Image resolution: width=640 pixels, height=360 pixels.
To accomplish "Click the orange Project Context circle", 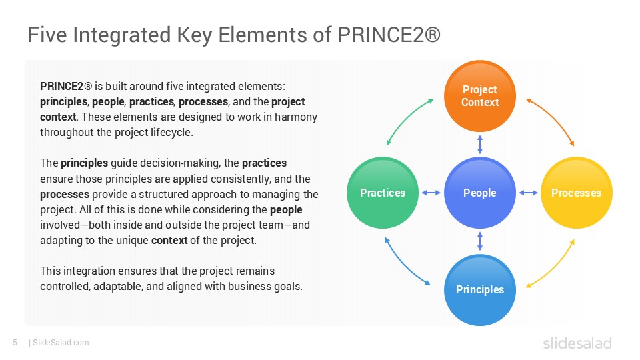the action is coord(479,96).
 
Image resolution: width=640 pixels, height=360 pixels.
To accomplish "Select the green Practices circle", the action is coord(383,193).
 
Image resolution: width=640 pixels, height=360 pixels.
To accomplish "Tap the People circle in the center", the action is coord(479,193).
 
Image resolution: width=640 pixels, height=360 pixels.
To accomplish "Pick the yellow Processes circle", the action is coord(576,193).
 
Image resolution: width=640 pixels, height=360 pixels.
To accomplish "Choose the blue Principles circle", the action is coord(479,290).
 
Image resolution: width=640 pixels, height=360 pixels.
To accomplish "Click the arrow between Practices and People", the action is coord(431,193).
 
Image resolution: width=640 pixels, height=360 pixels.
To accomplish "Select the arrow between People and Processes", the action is coord(528,193).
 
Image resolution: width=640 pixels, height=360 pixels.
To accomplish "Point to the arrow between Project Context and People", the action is coord(479,145).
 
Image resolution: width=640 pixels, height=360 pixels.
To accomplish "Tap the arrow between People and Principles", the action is coord(479,241).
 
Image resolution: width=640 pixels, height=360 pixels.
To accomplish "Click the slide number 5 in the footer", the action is coord(15,343).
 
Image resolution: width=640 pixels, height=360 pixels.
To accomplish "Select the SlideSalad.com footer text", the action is coord(61,343).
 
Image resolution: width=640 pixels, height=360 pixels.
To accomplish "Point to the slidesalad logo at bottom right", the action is coord(577,343).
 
